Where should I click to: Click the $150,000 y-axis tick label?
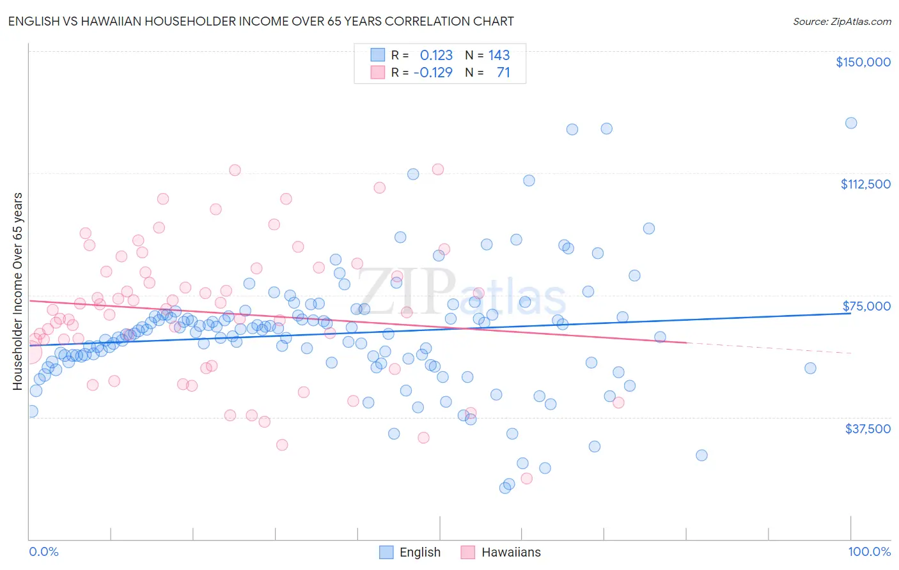pyautogui.click(x=863, y=62)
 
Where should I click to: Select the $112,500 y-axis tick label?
pyautogui.click(x=865, y=184)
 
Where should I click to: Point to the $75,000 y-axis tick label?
pyautogui.click(x=866, y=306)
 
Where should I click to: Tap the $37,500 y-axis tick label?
pyautogui.click(x=868, y=429)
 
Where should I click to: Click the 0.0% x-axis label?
pyautogui.click(x=43, y=551)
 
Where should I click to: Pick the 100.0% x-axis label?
pyautogui.click(x=869, y=551)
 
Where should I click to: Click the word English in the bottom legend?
pyautogui.click(x=419, y=553)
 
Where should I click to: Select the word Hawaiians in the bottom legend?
pyautogui.click(x=511, y=553)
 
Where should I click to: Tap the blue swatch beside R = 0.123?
pyautogui.click(x=378, y=55)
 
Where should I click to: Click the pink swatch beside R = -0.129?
pyautogui.click(x=378, y=72)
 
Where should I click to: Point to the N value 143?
pyautogui.click(x=499, y=55)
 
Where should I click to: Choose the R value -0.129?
pyautogui.click(x=433, y=72)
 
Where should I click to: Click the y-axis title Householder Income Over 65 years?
pyautogui.click(x=18, y=291)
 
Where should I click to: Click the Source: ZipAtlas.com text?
pyautogui.click(x=841, y=22)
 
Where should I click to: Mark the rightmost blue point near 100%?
pyautogui.click(x=850, y=123)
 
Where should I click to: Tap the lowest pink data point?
pyautogui.click(x=526, y=479)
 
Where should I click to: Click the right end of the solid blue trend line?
pyautogui.click(x=850, y=313)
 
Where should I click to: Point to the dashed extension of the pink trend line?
pyautogui.click(x=767, y=348)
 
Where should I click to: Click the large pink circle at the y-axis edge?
pyautogui.click(x=29, y=352)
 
